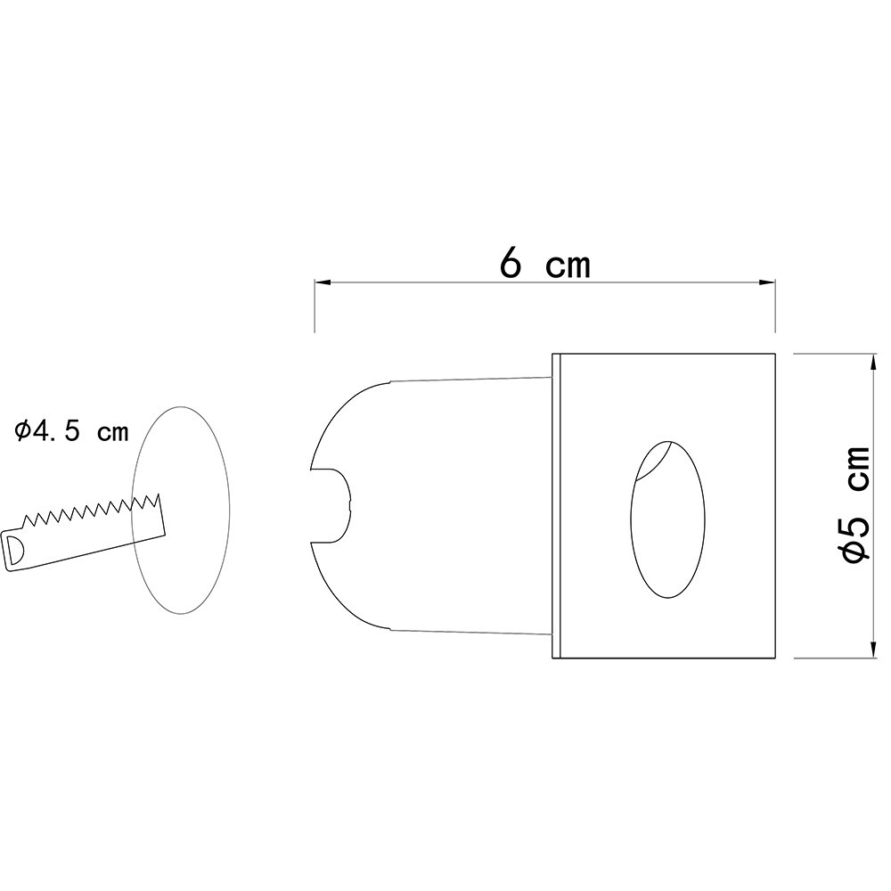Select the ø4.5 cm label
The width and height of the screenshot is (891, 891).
point(71,432)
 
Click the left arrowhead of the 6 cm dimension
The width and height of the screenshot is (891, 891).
point(322,282)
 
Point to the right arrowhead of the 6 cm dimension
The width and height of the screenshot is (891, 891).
point(768,282)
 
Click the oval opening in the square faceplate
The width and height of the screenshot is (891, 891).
point(667,519)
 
